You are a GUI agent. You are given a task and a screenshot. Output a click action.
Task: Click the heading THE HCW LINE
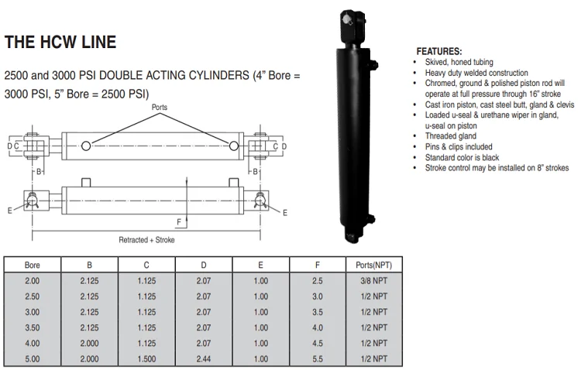pyautogui.click(x=60, y=43)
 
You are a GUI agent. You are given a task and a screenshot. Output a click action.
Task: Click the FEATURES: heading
pyautogui.click(x=439, y=50)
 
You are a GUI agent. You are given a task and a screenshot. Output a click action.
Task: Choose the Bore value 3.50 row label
pyautogui.click(x=33, y=327)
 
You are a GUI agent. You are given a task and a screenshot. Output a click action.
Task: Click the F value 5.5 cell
pyautogui.click(x=318, y=358)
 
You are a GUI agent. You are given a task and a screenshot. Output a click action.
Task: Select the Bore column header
pyautogui.click(x=33, y=265)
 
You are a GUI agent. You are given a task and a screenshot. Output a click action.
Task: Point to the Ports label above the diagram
pyautogui.click(x=160, y=108)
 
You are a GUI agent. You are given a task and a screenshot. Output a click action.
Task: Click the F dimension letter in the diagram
pyautogui.click(x=179, y=222)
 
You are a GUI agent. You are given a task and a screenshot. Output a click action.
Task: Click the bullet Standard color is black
pyautogui.click(x=464, y=157)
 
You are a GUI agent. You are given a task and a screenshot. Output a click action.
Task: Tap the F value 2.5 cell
pyautogui.click(x=318, y=280)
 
